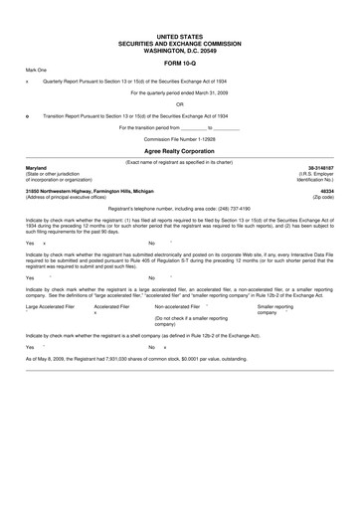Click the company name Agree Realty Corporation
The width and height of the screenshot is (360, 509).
[179, 148]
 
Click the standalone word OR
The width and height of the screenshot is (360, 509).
[179, 103]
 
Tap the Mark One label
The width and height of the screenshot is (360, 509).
[36, 70]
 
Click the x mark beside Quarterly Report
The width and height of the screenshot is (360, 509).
[27, 82]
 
